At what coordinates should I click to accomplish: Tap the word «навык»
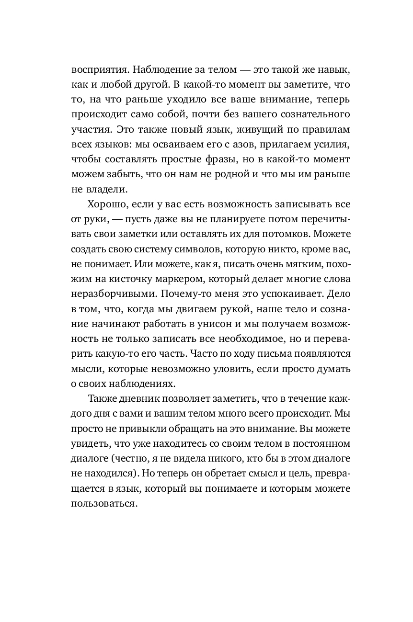point(335,69)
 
